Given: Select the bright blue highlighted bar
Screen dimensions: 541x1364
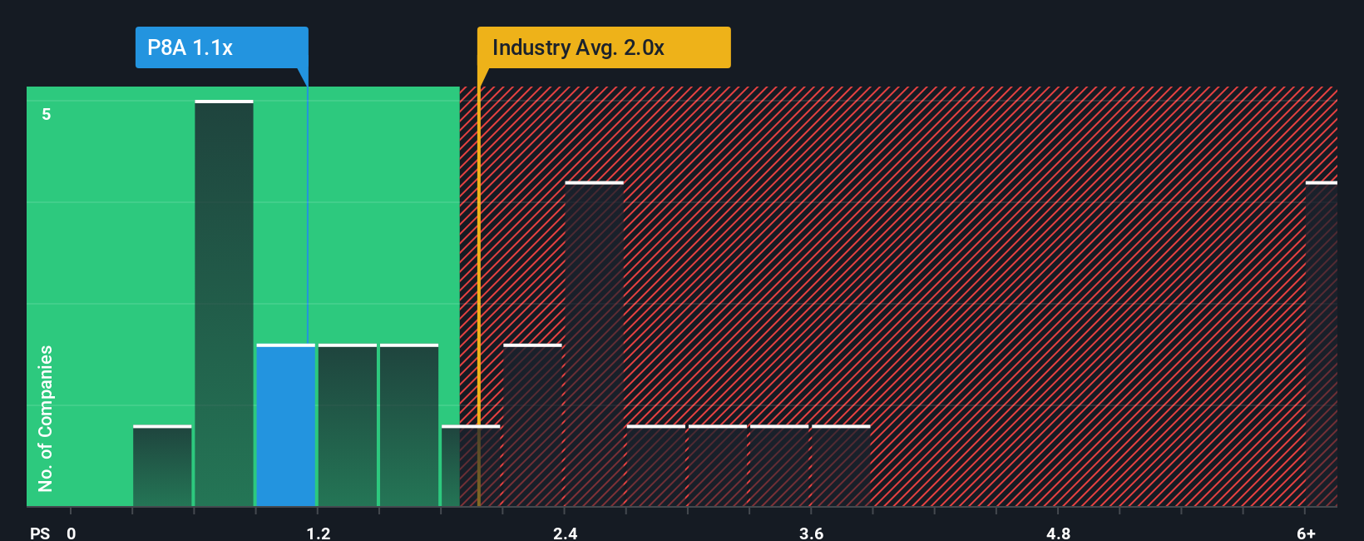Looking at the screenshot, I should click(285, 425).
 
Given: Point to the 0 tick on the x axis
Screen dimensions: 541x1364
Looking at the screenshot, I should click(72, 533).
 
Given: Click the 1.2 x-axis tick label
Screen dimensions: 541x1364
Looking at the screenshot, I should click(318, 533).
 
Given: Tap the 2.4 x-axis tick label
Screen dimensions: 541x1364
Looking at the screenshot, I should click(565, 533).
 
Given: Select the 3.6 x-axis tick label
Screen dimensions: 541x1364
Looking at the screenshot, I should click(811, 533).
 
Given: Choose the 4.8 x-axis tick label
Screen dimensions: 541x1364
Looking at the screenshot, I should click(1058, 533).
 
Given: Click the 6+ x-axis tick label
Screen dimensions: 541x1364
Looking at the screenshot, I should click(1306, 533).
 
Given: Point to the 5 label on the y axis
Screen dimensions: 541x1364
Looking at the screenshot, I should click(47, 114).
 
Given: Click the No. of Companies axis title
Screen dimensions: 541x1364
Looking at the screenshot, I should click(46, 419).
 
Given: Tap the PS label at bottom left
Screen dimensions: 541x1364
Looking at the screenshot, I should click(40, 533).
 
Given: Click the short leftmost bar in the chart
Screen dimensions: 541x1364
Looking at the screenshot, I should click(162, 466).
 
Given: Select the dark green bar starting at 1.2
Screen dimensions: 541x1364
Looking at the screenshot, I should click(347, 425).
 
